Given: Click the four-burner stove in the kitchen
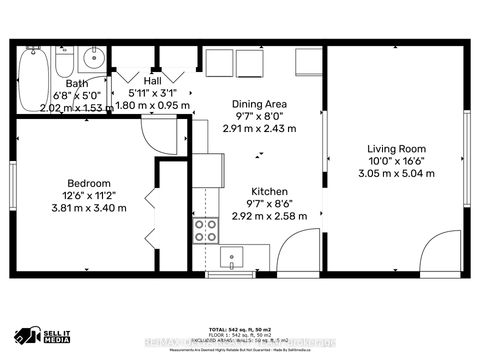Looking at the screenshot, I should (x=205, y=232).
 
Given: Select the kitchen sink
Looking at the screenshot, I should (x=231, y=258).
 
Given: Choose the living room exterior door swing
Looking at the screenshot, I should (x=439, y=252).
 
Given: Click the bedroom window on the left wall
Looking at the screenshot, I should (x=14, y=196).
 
